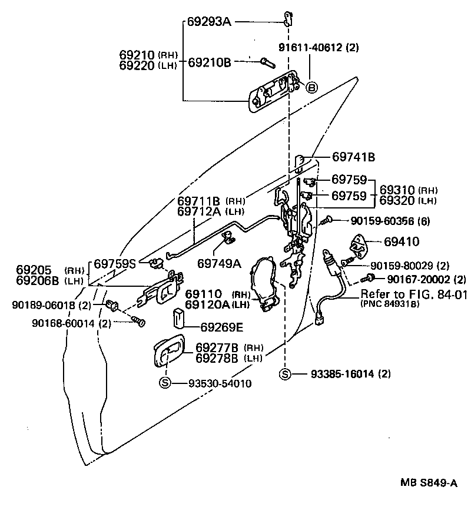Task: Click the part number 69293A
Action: pos(210,22)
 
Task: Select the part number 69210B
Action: pos(210,61)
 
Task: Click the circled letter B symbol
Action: pos(312,88)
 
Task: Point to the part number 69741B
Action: pos(353,157)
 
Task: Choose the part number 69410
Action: pos(402,241)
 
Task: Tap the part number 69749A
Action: pos(219,263)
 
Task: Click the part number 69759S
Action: pos(116,263)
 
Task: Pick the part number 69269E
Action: pos(221,326)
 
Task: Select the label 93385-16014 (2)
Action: pos(343,374)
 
